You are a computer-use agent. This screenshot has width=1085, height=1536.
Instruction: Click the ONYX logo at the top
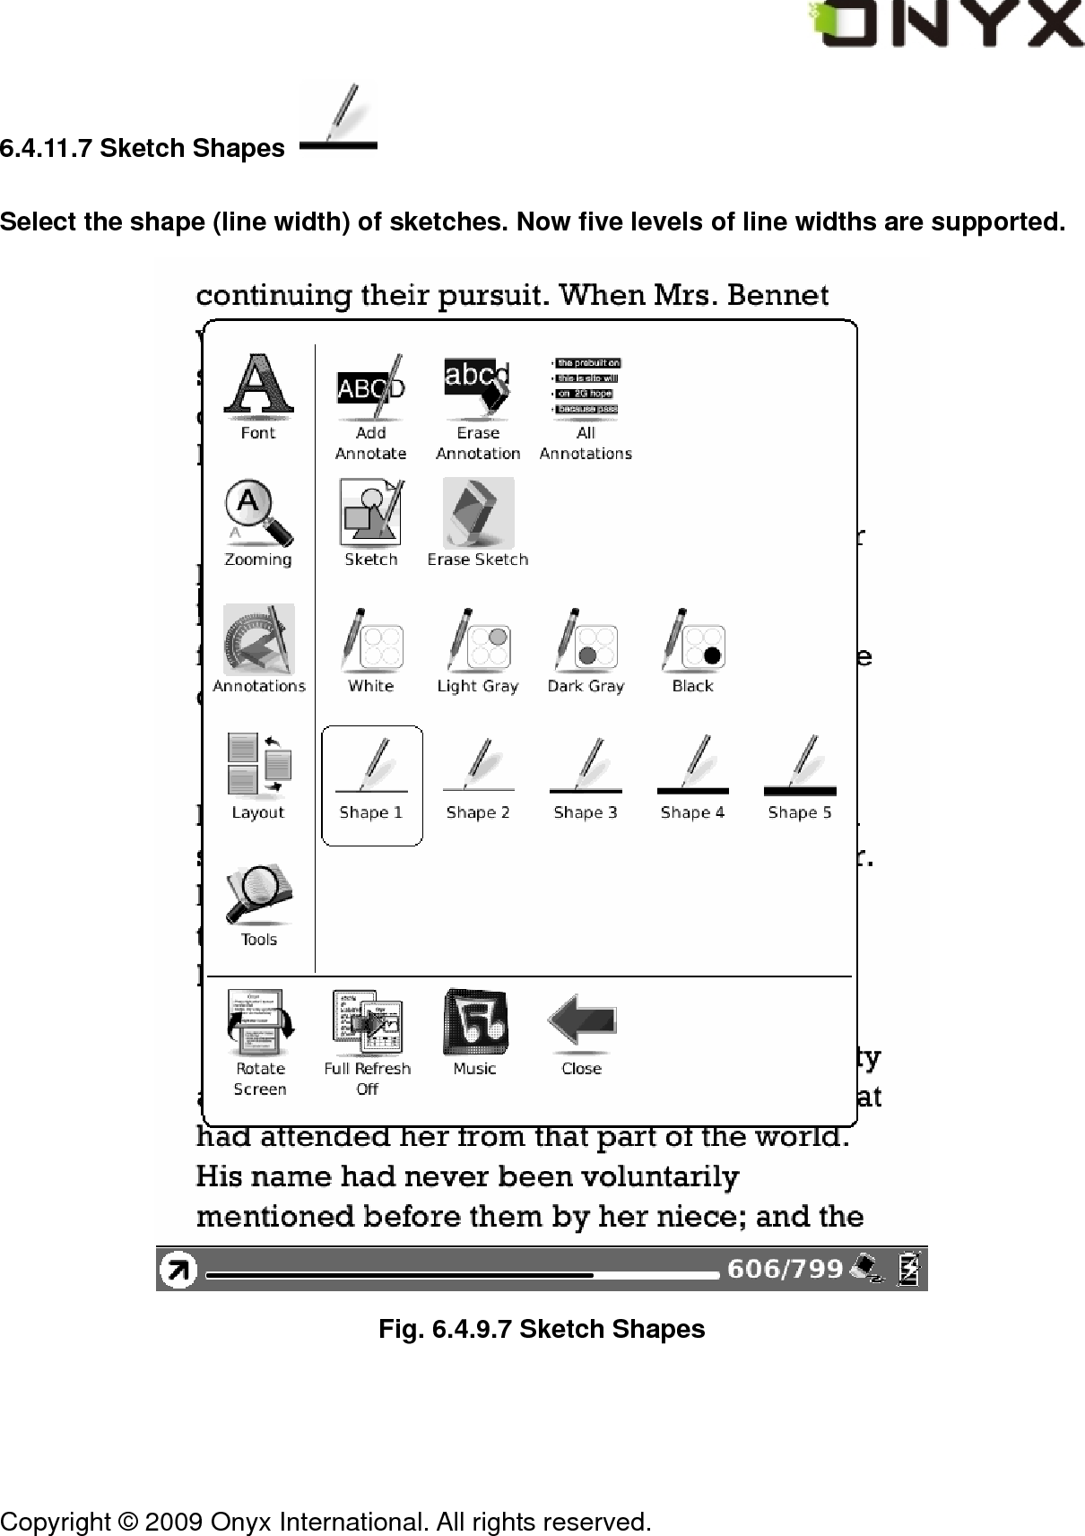[946, 25]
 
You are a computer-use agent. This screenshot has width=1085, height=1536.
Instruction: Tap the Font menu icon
[258, 389]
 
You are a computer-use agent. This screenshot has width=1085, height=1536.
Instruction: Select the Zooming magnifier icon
[258, 514]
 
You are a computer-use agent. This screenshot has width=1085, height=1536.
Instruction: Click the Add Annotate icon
[370, 389]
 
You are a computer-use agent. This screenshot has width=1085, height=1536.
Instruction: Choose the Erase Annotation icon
[478, 389]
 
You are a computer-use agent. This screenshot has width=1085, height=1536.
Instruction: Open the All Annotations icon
[586, 388]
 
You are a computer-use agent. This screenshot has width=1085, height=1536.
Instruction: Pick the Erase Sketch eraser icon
[478, 513]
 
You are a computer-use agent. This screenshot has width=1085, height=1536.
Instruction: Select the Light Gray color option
[478, 641]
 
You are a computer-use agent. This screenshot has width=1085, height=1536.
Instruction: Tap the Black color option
[692, 641]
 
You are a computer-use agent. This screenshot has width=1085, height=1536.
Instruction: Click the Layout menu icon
[258, 767]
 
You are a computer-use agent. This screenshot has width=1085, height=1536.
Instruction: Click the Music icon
[474, 1023]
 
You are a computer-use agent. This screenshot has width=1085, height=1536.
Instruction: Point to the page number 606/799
[785, 1270]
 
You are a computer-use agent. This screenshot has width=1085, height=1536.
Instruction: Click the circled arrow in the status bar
[178, 1270]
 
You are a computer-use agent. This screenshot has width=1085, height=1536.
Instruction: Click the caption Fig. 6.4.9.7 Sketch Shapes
[542, 1329]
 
